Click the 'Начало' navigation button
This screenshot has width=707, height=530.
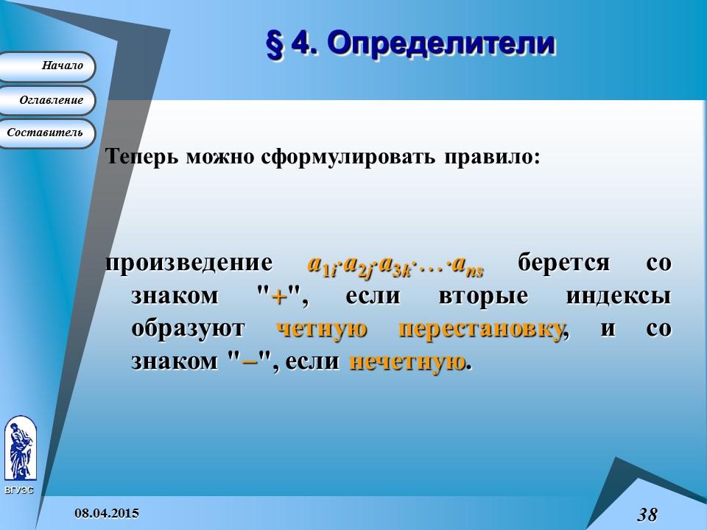(48, 66)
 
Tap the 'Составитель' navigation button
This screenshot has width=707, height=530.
(47, 133)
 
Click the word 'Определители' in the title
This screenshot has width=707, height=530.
(440, 43)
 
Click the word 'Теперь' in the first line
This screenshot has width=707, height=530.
(142, 158)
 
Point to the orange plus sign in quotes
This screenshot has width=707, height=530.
(278, 297)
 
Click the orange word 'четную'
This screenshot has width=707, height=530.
(322, 329)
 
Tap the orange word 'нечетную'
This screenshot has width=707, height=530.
(407, 361)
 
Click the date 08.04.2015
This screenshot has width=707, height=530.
(107, 512)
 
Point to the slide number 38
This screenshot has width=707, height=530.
(647, 514)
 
